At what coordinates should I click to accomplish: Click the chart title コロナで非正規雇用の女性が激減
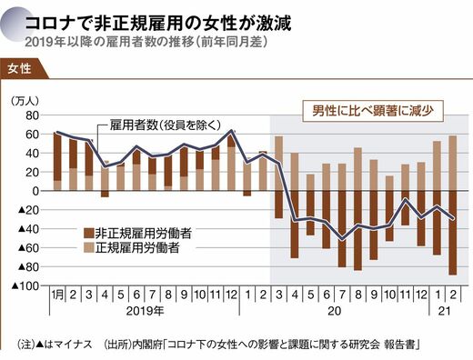(157, 24)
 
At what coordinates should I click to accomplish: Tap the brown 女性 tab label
(19, 68)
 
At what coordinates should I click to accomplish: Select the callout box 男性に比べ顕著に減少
(373, 111)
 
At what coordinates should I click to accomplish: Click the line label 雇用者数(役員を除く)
(166, 125)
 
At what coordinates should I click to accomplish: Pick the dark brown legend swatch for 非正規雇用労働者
(89, 234)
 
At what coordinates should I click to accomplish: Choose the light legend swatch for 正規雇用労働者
(89, 247)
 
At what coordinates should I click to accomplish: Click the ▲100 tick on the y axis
(25, 285)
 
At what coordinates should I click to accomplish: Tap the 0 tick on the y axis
(35, 191)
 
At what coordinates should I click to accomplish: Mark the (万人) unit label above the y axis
(25, 101)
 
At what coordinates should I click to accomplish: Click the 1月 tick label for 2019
(57, 295)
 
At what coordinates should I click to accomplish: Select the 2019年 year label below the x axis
(145, 311)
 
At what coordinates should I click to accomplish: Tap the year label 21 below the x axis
(445, 311)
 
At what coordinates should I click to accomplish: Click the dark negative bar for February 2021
(453, 233)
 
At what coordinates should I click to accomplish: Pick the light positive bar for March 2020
(279, 164)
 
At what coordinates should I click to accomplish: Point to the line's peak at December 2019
(231, 131)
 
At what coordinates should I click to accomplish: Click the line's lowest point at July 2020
(342, 239)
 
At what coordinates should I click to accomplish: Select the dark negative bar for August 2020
(357, 231)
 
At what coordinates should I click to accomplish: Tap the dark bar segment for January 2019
(57, 156)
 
